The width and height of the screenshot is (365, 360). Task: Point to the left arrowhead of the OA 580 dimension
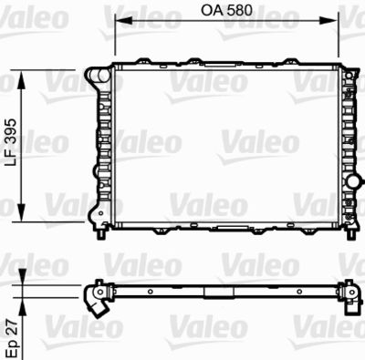point(119,26)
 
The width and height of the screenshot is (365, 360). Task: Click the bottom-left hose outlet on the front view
point(95,213)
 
